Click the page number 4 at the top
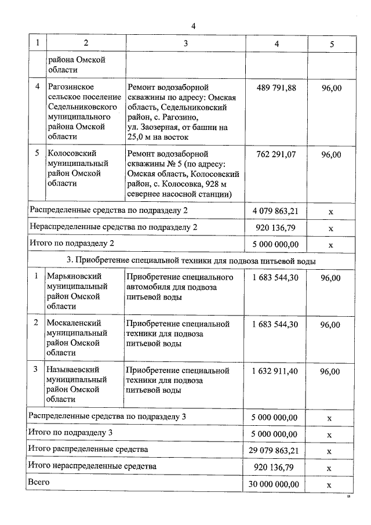click(194, 26)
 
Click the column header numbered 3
click(185, 43)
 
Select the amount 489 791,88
click(276, 88)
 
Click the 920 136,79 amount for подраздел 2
click(276, 228)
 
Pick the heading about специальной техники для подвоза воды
click(191, 261)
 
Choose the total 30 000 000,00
click(276, 484)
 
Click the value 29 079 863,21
click(276, 450)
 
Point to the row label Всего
click(39, 482)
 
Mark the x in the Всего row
click(331, 484)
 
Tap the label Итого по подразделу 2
click(71, 243)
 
